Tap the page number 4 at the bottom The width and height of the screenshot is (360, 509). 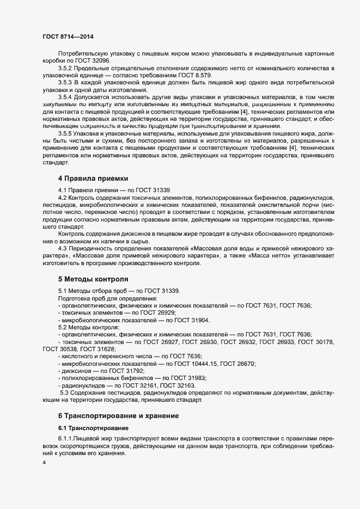pyautogui.click(x=44, y=463)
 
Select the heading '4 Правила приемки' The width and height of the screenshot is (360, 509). pyautogui.click(x=93, y=178)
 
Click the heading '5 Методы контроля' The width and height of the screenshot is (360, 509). pyautogui.click(x=93, y=279)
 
